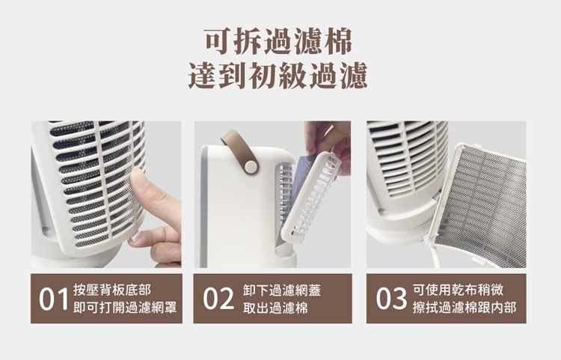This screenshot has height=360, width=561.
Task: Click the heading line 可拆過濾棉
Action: (278, 42)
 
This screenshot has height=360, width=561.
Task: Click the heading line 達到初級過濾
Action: (278, 75)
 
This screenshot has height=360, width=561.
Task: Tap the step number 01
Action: (53, 299)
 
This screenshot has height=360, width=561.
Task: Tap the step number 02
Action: (218, 299)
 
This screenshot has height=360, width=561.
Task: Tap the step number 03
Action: (391, 299)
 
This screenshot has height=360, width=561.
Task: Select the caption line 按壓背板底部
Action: (112, 290)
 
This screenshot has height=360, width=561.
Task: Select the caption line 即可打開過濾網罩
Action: (125, 308)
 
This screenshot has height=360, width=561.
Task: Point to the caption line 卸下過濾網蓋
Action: (281, 290)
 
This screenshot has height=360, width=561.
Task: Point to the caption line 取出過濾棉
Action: (275, 308)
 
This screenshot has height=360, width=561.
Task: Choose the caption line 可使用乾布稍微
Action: (458, 290)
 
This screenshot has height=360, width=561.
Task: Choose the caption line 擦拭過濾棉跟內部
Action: (465, 307)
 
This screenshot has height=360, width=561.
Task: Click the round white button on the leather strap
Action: (251, 165)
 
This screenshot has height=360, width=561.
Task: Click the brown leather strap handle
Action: (239, 152)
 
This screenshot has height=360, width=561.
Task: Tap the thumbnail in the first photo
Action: (138, 178)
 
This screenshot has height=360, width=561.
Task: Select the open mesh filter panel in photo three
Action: (478, 205)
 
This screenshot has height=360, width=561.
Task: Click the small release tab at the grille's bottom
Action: (133, 237)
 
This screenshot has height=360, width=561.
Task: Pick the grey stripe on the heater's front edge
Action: (204, 207)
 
